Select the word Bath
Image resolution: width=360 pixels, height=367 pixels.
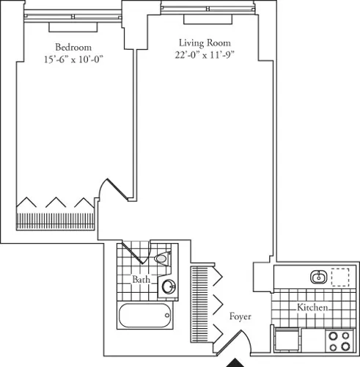pyautogui.click(x=142, y=280)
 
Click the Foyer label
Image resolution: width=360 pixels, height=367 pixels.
pyautogui.click(x=240, y=317)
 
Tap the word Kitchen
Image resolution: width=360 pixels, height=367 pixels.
pyautogui.click(x=312, y=308)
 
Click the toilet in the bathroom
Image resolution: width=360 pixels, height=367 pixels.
pyautogui.click(x=162, y=258)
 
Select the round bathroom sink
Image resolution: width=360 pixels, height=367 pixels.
pyautogui.click(x=169, y=287)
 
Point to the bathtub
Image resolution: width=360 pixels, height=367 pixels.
pyautogui.click(x=144, y=316)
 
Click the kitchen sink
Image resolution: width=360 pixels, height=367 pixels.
pyautogui.click(x=318, y=277)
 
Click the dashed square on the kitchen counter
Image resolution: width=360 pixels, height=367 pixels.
pyautogui.click(x=340, y=277)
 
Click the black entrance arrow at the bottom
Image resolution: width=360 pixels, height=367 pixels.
pyautogui.click(x=236, y=362)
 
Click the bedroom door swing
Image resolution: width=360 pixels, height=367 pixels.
pyautogui.click(x=110, y=192)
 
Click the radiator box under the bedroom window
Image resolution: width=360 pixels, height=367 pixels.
pyautogui.click(x=69, y=26)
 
